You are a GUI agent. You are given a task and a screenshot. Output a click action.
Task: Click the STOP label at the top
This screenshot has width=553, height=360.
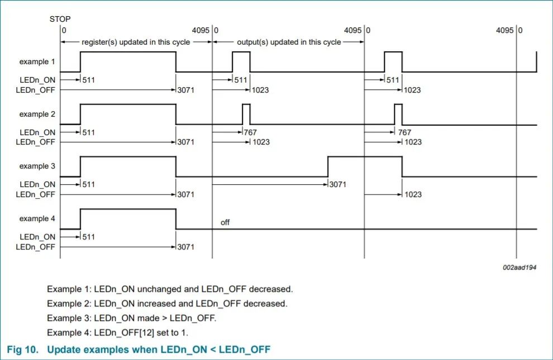[x=60, y=19]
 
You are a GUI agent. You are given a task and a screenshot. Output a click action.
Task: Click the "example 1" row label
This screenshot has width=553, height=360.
[x=37, y=61]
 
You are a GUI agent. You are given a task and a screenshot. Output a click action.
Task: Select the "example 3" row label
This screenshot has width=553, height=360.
[x=37, y=166]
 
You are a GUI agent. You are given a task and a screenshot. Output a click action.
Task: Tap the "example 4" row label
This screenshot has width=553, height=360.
[x=37, y=218]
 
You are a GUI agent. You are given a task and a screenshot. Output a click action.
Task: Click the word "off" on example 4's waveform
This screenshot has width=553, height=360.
[x=225, y=222]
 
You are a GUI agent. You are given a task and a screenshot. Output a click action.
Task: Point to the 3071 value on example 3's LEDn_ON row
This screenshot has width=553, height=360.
[x=337, y=184]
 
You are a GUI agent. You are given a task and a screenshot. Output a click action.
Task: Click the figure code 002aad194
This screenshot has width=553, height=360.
[x=519, y=267]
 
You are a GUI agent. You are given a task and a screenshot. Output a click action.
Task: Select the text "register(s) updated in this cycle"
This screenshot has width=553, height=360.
[x=136, y=42]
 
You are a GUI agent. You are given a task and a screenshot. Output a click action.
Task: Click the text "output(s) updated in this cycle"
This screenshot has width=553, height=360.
[x=289, y=42]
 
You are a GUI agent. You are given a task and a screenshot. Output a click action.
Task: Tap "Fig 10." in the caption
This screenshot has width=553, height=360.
[x=22, y=349]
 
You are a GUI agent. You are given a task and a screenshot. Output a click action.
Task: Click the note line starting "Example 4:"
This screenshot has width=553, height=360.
[x=117, y=333]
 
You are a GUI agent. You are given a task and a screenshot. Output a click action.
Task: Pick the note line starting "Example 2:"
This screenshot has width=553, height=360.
[x=167, y=304]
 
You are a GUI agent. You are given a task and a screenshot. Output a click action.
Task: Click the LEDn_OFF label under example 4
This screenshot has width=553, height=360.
[x=35, y=247]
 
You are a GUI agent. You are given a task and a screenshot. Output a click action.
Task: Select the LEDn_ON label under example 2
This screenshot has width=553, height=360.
[x=37, y=132]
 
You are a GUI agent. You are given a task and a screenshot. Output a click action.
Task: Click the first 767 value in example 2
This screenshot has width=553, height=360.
[x=250, y=132]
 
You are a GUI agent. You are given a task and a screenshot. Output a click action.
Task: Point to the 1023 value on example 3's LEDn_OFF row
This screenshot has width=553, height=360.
[x=413, y=194]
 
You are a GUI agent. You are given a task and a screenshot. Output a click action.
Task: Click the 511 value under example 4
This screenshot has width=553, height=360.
[x=88, y=237]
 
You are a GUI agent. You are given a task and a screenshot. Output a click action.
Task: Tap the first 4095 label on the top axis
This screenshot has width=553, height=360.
[x=201, y=30]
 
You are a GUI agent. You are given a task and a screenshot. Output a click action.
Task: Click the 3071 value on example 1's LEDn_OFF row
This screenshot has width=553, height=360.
[x=185, y=90]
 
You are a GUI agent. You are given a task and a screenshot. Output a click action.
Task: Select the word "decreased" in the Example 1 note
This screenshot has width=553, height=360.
[x=271, y=289]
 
